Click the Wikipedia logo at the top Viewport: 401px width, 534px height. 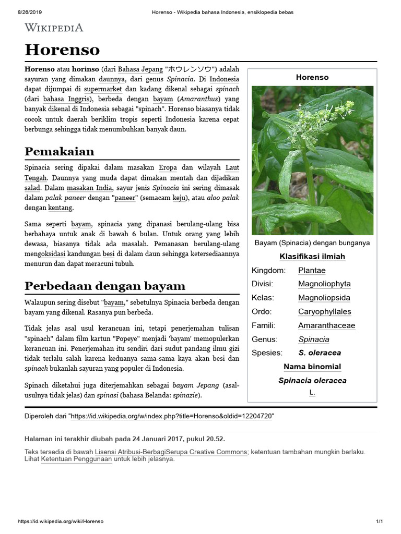[x=54, y=28]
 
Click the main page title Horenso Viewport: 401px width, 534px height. [x=62, y=50]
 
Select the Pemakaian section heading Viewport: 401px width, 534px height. [x=59, y=152]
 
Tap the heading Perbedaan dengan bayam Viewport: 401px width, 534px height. [x=105, y=286]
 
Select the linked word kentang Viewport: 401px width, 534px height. [x=60, y=208]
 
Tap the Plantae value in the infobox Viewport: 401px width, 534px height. [x=312, y=270]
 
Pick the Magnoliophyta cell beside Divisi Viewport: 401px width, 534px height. [x=324, y=284]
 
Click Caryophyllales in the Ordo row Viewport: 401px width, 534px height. [x=324, y=311]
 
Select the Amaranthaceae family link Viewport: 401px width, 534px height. [x=326, y=325]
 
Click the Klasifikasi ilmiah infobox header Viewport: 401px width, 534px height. [x=312, y=257]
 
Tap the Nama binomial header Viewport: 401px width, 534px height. [x=312, y=367]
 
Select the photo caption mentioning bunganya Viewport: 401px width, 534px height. [x=312, y=243]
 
